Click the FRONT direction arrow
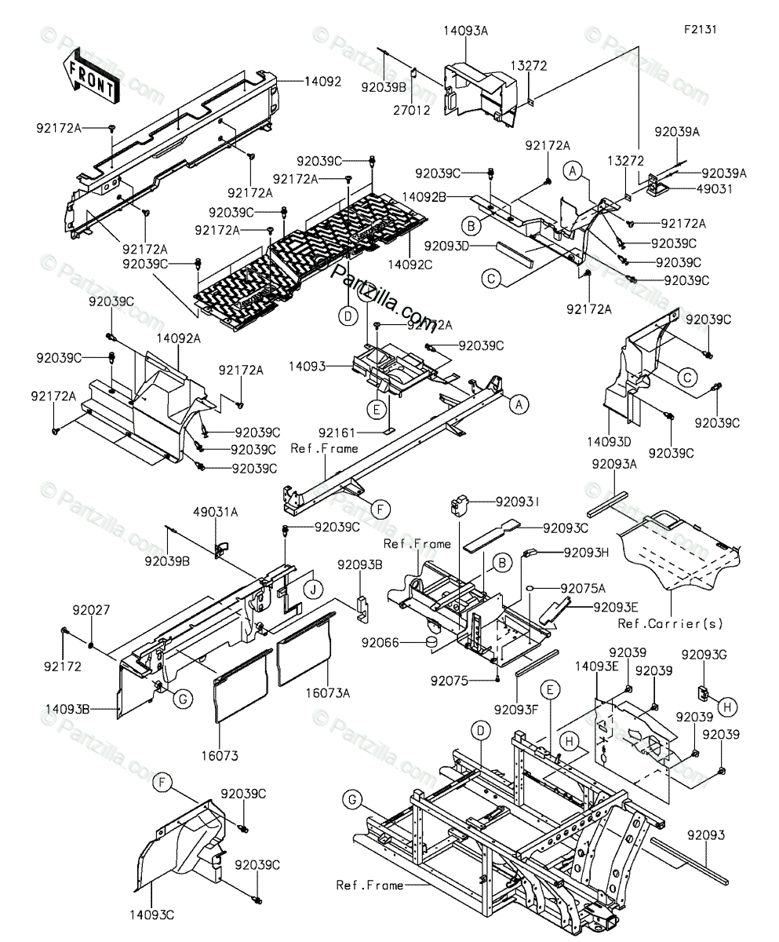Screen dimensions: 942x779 click(89, 76)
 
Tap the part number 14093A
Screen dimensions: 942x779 click(465, 31)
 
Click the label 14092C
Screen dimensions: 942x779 click(410, 265)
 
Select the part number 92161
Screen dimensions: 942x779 click(337, 432)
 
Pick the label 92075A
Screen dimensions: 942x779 click(583, 588)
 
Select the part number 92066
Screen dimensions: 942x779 click(380, 643)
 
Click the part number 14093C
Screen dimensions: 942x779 click(153, 915)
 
